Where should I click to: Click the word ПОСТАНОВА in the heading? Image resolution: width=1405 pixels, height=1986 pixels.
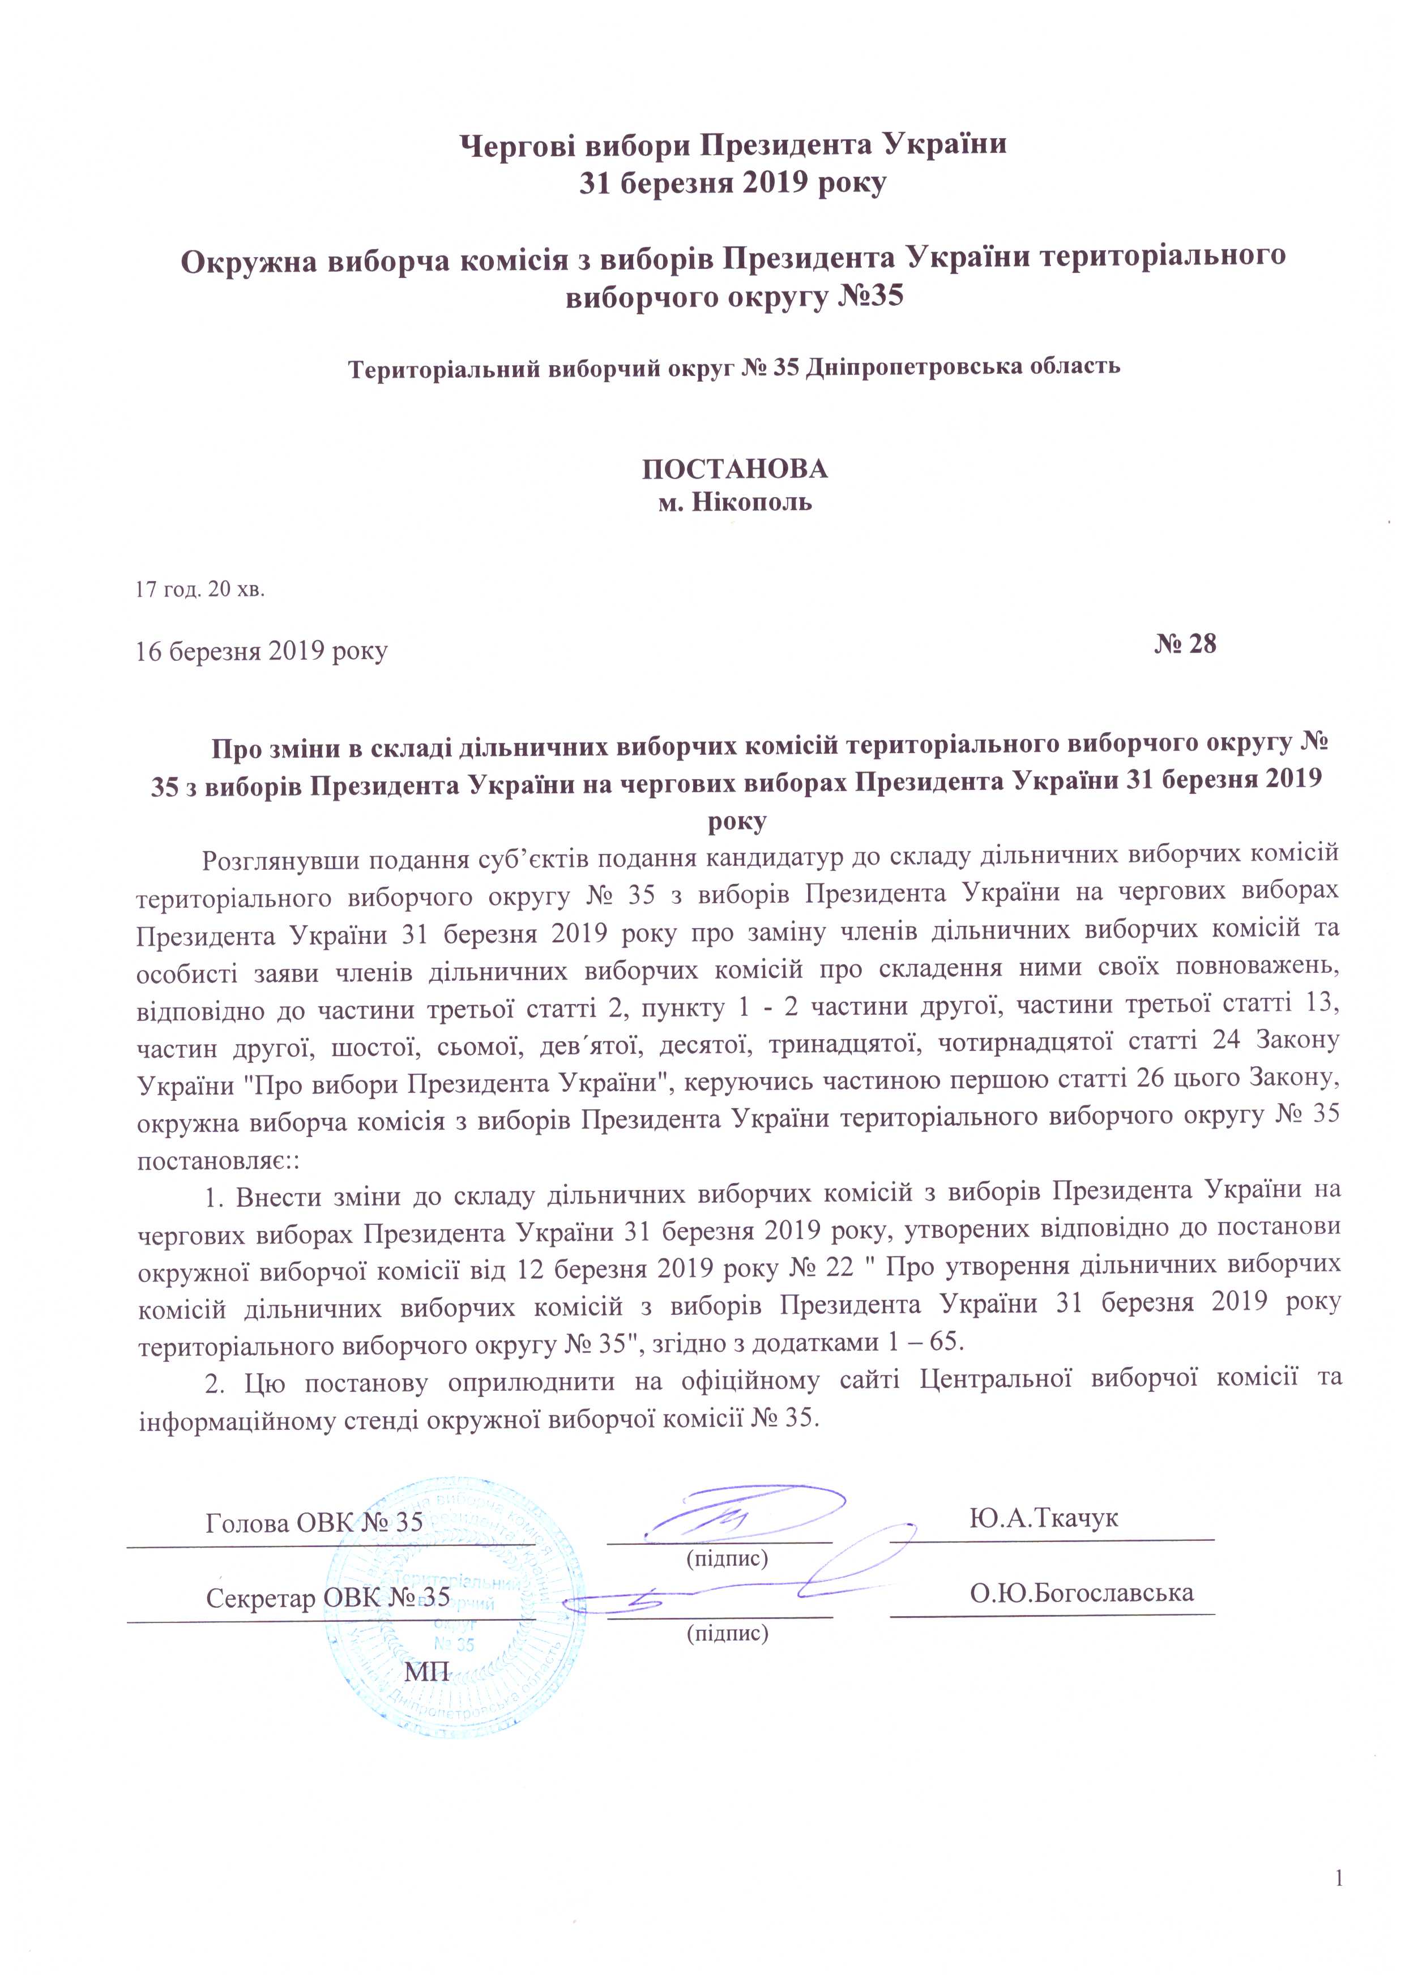click(x=734, y=469)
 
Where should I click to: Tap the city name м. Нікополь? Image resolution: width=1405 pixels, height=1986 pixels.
click(x=734, y=502)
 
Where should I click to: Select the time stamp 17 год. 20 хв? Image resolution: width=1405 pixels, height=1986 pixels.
click(x=200, y=590)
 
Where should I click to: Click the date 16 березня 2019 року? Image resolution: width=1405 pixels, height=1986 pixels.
click(x=261, y=651)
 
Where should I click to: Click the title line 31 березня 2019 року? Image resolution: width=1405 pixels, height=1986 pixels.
click(x=733, y=183)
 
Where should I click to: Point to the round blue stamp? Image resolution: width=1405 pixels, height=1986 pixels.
click(x=454, y=1617)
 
